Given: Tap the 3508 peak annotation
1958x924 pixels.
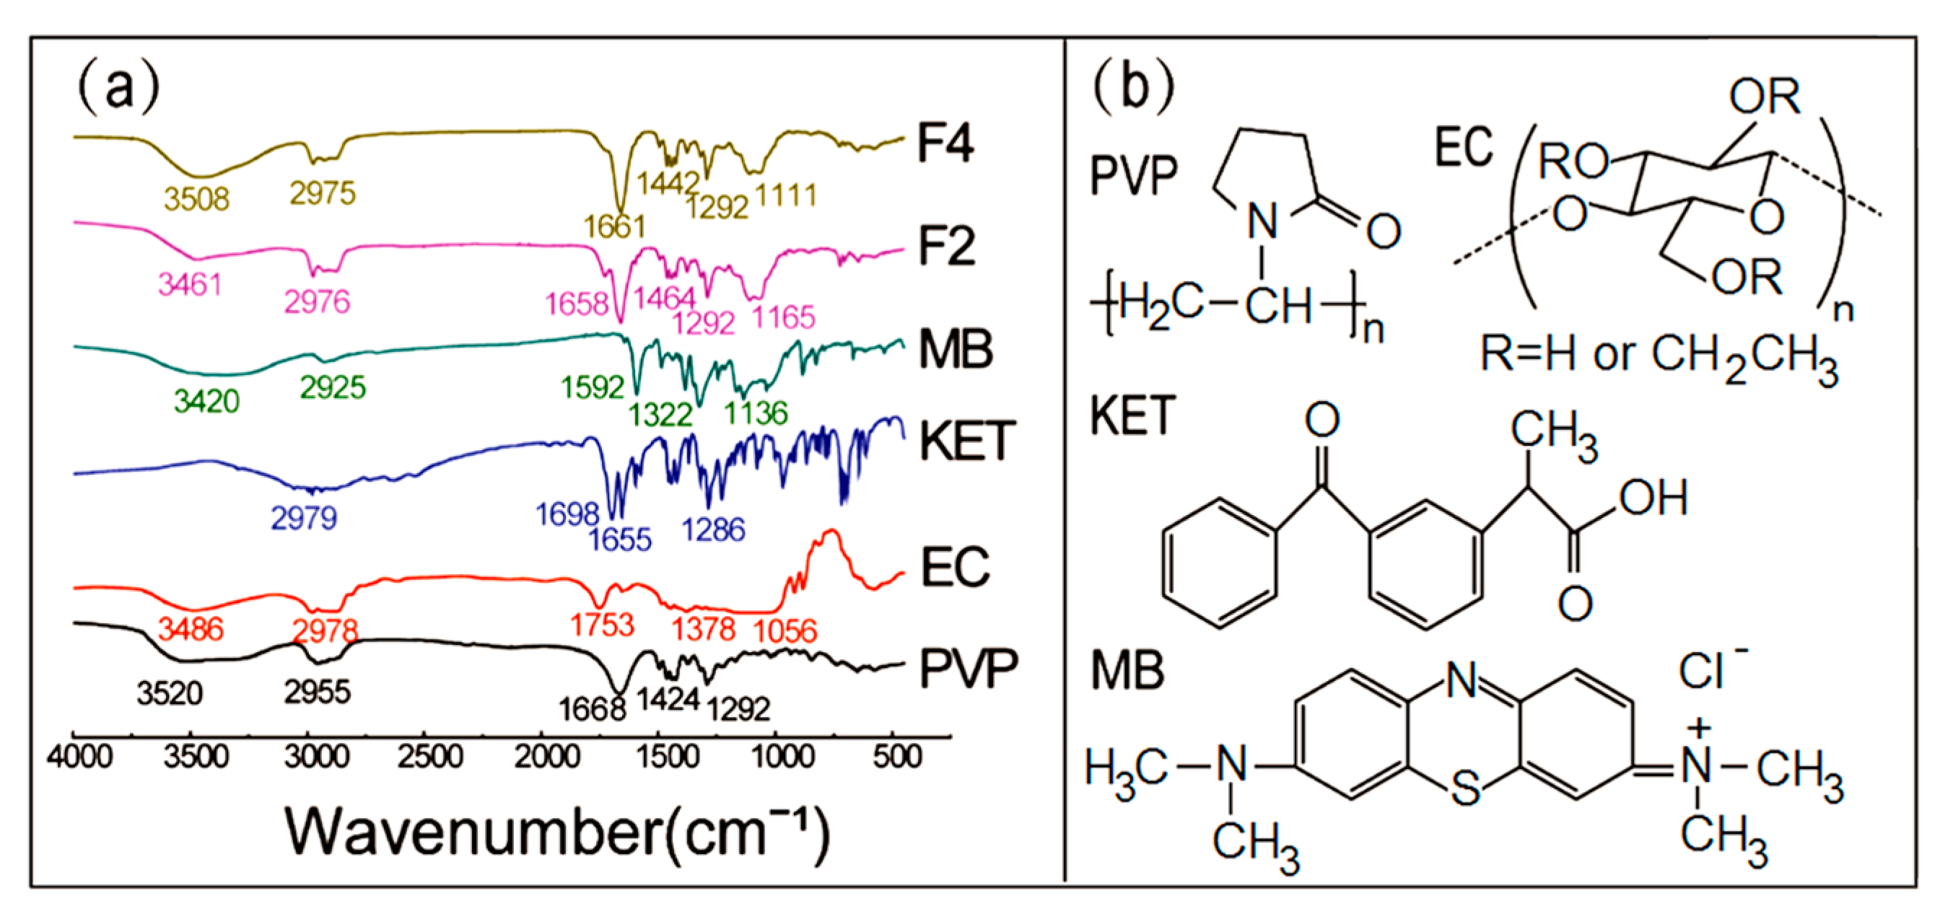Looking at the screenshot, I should point(197,199).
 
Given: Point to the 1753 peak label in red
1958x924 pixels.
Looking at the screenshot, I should point(602,625).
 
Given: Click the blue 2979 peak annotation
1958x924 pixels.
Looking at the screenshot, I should point(304,518).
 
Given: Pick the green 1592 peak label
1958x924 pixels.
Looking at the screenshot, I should point(592,387).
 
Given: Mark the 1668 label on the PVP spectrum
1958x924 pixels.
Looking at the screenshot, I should point(592,710).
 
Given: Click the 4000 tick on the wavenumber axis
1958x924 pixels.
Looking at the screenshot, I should point(79,757).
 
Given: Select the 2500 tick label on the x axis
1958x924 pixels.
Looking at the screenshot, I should point(430,757).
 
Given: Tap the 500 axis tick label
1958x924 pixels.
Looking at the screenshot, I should point(898,757).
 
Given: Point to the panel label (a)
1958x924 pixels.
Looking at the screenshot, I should point(118,87).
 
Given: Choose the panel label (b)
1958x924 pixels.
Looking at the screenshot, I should point(1132,87).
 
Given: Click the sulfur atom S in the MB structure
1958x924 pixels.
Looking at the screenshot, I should point(1466,788).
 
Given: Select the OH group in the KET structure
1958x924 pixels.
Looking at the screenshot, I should point(1653,498).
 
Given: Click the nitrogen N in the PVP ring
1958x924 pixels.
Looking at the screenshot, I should point(1262,223).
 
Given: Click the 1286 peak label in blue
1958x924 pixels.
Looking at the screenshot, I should point(713,529).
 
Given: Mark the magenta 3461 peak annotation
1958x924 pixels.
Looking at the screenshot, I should point(190,285).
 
